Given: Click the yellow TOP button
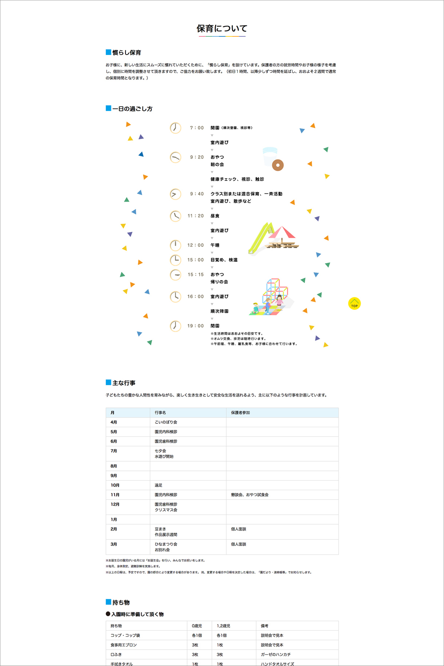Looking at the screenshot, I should coord(354,304).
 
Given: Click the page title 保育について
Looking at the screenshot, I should coord(222,28).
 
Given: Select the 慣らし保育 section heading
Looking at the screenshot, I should coord(127,53).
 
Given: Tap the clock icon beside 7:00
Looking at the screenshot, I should coord(175,128).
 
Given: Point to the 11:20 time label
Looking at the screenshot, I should coord(196,216).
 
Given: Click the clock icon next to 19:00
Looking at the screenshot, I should coord(175,326).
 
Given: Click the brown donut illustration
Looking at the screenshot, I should coord(278,165).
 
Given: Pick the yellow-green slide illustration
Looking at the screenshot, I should coord(260,238).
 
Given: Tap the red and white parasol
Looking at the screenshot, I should coord(282,232).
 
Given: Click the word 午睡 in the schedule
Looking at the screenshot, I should coord(215,245).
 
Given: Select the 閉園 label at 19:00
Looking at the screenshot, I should coord(215,326).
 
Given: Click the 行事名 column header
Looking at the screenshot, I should coord(160,413).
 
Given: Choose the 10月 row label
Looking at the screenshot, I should coord(115,485).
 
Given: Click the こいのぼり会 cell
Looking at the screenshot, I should coord(166,422).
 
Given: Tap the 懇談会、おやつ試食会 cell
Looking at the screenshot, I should coord(249,495).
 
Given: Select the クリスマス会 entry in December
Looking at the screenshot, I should coord(166,510).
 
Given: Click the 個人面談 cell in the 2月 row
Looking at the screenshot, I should coord(238,529).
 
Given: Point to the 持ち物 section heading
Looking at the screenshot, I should coord(121,602).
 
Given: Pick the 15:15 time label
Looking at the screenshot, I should coord(196,275).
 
